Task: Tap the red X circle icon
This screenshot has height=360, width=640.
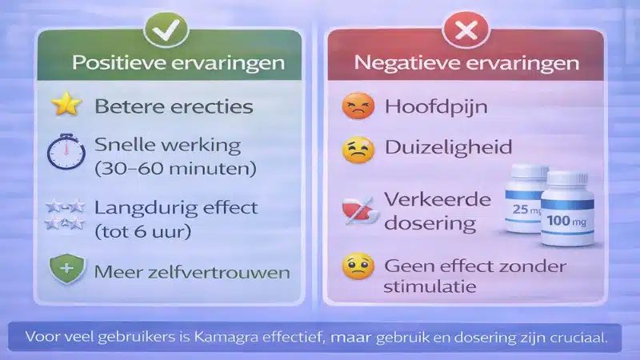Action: tap(465, 30)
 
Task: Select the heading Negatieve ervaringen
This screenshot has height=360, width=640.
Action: tap(465, 62)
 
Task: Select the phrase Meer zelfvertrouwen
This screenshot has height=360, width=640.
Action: tap(192, 272)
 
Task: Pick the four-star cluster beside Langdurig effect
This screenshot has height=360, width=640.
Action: tap(65, 217)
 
